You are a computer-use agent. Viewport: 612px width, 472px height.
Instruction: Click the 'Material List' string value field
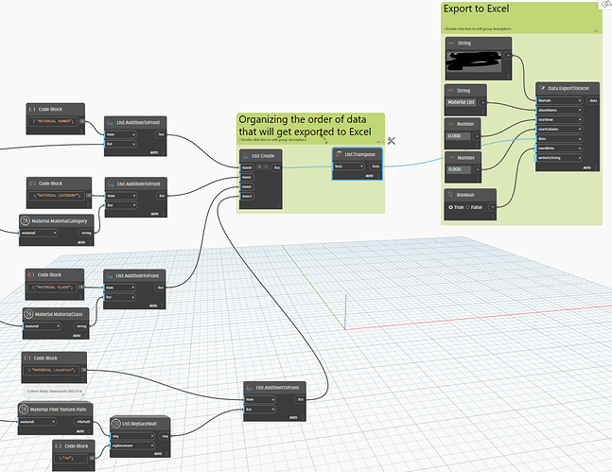coord(461,101)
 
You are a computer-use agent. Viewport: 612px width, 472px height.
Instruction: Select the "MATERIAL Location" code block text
coord(55,372)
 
